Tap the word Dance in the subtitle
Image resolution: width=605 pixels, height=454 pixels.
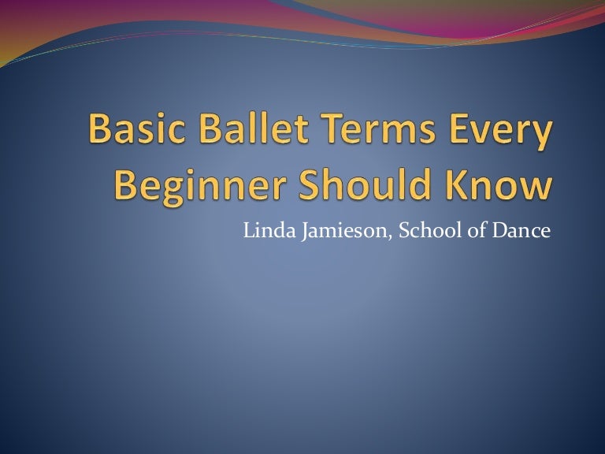521,230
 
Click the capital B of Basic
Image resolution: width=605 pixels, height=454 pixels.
100,128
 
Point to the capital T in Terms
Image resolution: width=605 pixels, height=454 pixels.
335,128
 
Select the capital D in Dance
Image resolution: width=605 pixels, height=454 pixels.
500,230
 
